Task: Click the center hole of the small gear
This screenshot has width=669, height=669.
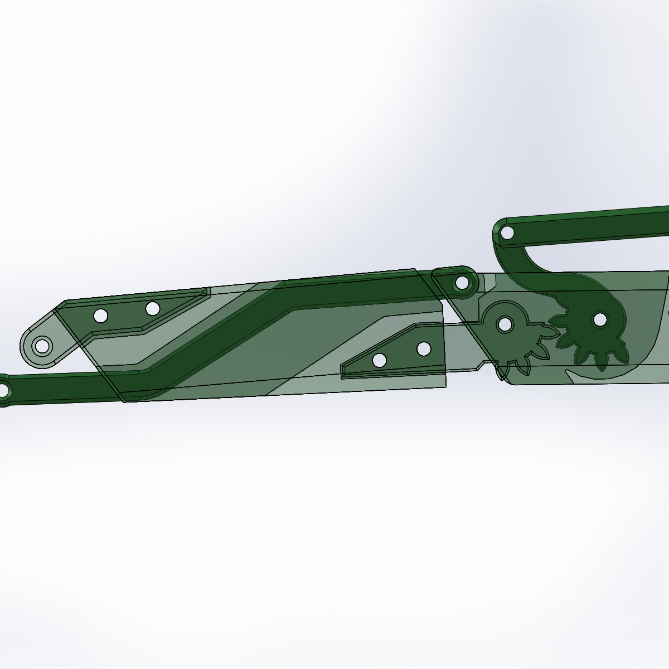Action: [505, 324]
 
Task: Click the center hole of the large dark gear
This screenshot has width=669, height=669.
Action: [600, 319]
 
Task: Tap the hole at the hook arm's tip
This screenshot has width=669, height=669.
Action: [507, 232]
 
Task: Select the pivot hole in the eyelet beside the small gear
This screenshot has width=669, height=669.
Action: [462, 283]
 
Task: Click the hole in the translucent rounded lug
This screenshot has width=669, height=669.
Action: [41, 346]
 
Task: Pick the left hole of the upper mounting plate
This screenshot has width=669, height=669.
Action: [100, 316]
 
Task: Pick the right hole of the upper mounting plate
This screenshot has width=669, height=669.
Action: [153, 308]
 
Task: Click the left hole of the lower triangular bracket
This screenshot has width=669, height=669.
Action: [380, 360]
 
